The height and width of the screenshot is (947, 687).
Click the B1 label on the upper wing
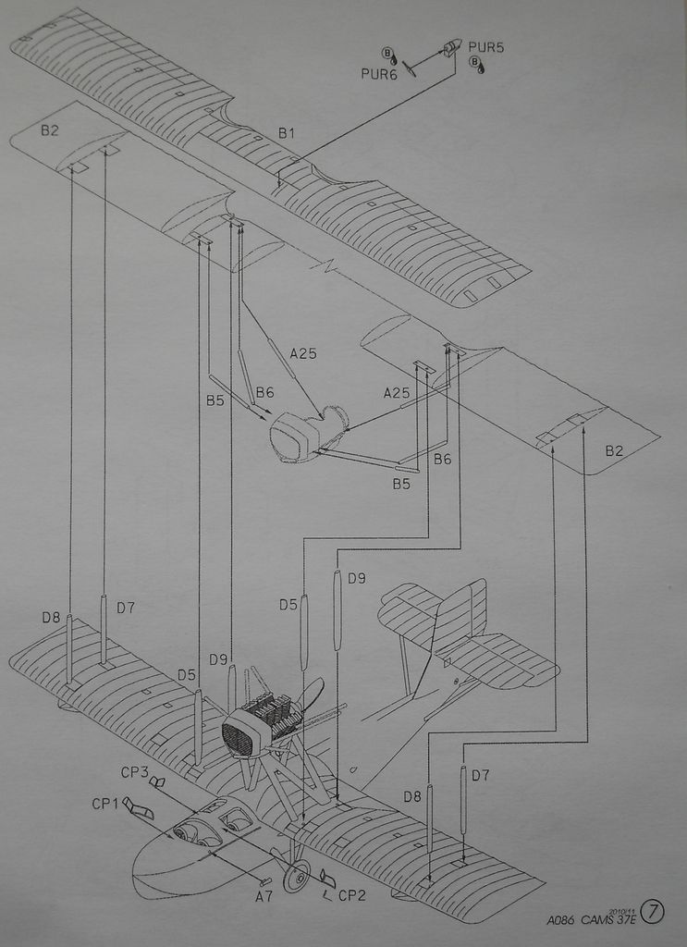287,133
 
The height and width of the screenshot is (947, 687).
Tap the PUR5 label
486,46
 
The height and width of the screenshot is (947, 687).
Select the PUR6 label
379,74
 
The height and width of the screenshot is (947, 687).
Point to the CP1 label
104,804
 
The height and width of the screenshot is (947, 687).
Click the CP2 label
352,895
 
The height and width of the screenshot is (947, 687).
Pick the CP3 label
134,771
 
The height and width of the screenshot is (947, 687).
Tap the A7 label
264,895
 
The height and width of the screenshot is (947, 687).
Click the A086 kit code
560,920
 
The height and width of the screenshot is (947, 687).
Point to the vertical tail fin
462,615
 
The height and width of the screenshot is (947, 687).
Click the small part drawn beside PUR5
451,48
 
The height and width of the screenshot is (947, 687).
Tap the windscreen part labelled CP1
139,810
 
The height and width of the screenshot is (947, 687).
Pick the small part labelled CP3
157,782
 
